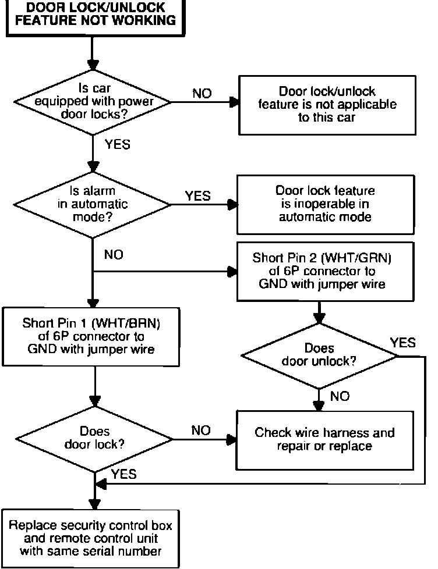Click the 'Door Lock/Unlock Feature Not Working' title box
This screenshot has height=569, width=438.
96,17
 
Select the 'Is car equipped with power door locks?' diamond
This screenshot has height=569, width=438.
93,102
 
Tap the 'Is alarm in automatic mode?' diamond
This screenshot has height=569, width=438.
92,204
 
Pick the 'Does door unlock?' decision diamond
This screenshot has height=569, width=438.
319,355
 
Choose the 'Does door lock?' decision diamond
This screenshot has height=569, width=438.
94,439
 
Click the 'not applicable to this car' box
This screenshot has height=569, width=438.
327,105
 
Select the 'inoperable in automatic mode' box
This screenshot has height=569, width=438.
326,204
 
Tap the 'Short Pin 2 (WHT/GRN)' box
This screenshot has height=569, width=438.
326,272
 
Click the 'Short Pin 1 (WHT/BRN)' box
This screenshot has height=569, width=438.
91,336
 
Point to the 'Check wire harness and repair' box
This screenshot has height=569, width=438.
324,440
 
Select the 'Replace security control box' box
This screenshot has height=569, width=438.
90,539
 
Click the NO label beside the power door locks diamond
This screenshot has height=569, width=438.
202,93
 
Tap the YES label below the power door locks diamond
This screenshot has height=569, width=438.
117,144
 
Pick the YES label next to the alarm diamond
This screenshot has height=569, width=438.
197,196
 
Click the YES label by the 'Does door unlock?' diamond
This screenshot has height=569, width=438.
402,343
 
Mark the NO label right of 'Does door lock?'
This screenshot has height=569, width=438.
201,431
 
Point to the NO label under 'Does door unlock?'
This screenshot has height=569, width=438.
340,396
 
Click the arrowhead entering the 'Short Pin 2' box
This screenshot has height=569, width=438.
232,272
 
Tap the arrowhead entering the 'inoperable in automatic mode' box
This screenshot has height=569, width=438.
232,205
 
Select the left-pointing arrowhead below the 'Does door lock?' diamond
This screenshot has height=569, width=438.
100,483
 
